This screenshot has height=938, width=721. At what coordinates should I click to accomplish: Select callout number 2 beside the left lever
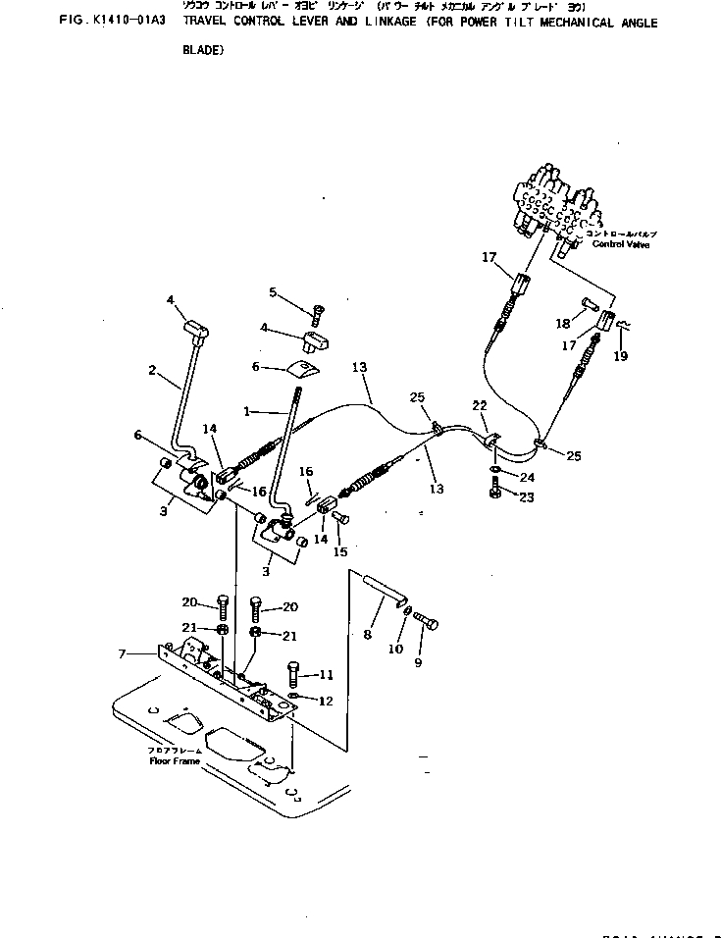tap(152, 370)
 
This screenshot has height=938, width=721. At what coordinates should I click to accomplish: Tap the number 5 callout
tap(274, 291)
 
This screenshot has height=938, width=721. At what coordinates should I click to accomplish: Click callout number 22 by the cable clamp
tap(479, 406)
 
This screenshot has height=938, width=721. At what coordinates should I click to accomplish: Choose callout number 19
tap(620, 357)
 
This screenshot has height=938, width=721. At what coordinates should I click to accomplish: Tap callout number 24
tap(529, 478)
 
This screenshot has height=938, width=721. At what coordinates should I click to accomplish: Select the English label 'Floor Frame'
tap(173, 760)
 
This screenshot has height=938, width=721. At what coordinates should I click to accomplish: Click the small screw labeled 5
tap(317, 315)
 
